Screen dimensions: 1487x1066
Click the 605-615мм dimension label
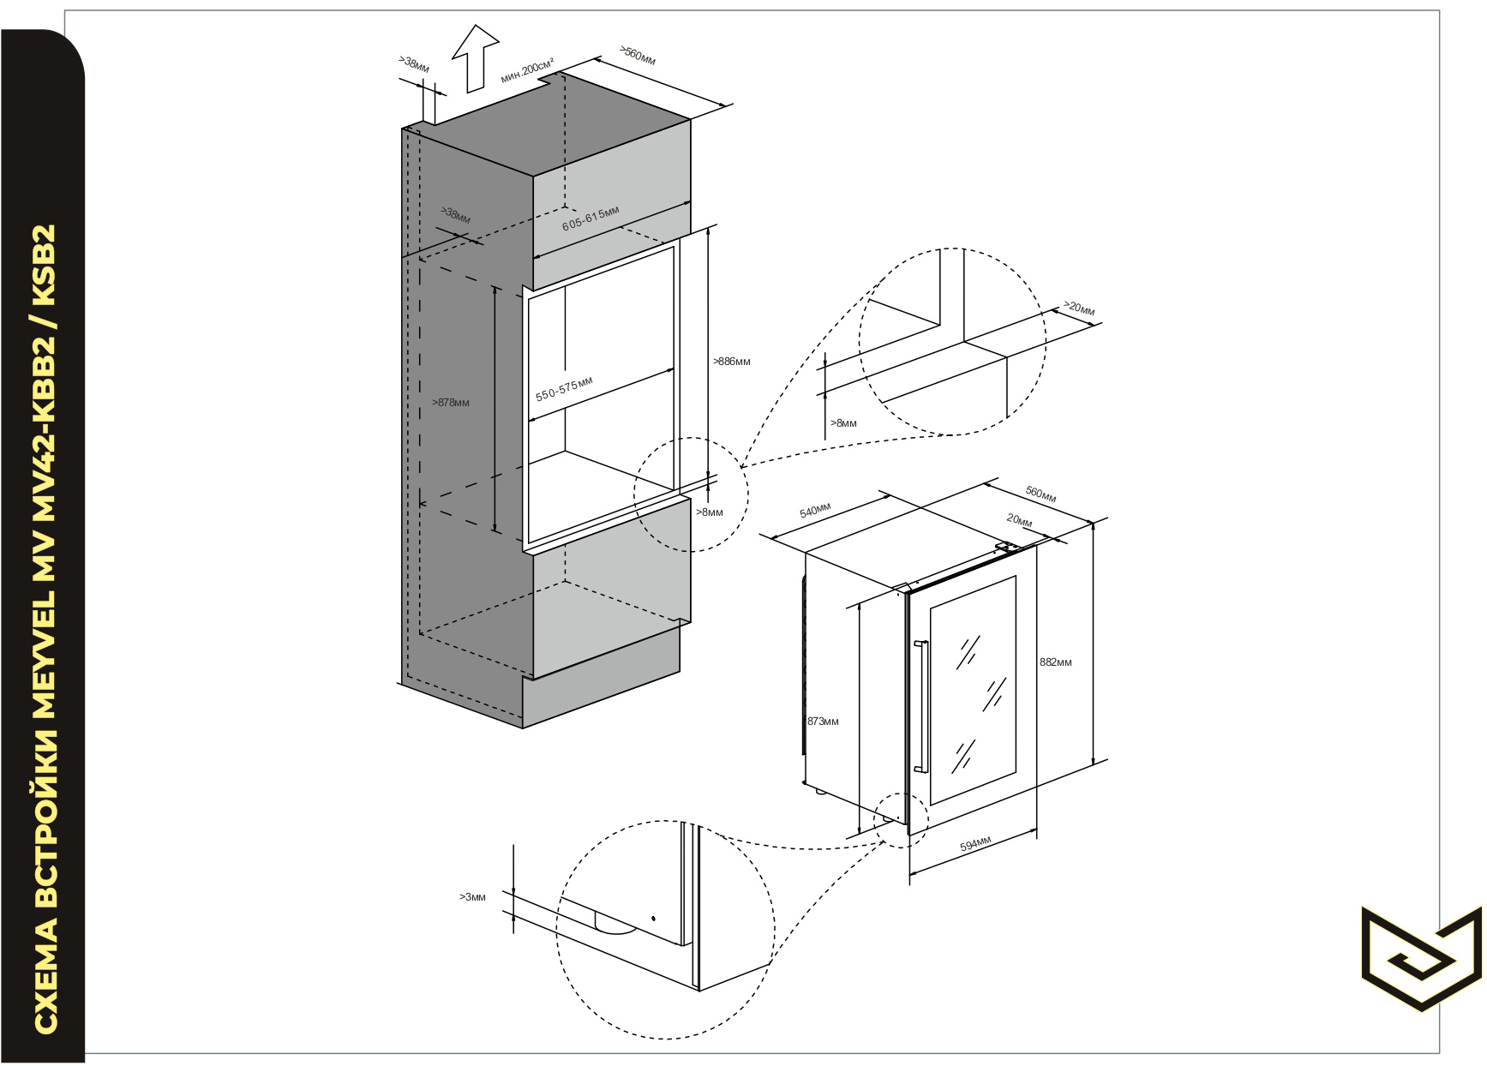(591, 218)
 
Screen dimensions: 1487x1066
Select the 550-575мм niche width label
(564, 387)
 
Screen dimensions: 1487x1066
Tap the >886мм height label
(731, 362)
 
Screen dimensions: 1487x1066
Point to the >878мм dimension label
(451, 403)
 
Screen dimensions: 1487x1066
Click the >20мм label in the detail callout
(1079, 307)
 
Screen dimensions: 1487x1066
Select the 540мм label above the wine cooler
(815, 511)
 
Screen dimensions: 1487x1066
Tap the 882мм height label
(1055, 662)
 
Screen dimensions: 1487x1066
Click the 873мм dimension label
(823, 722)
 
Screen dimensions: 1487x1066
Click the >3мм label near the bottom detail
(472, 897)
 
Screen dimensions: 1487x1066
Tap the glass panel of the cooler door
(973, 691)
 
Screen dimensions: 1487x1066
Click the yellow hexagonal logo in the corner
(1420, 959)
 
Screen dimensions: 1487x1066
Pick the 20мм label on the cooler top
(1019, 520)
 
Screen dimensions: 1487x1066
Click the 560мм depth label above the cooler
(1040, 494)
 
